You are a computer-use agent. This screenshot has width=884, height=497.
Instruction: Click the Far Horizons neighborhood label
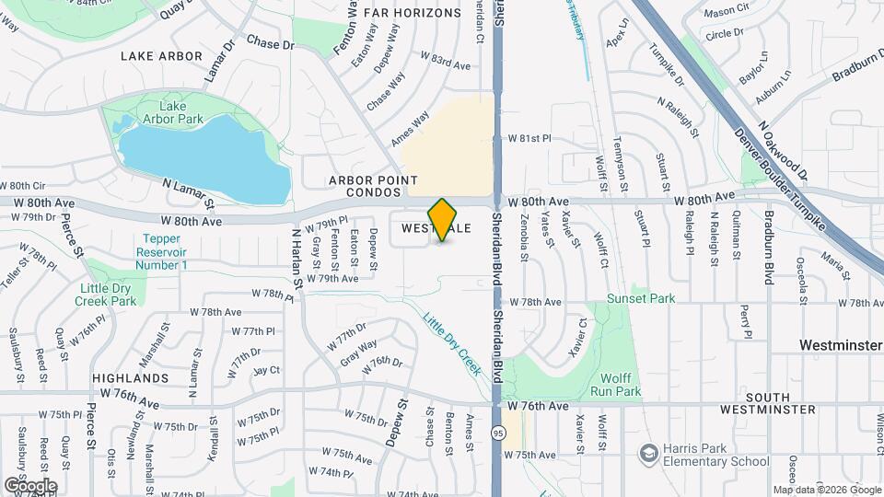tap(412, 13)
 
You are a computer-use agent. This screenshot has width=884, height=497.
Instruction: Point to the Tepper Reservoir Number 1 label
tap(161, 251)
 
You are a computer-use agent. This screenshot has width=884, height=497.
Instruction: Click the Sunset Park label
tap(640, 298)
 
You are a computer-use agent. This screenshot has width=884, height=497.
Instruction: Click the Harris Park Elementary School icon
tap(648, 453)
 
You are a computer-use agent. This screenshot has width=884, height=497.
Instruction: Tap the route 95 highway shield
tap(498, 433)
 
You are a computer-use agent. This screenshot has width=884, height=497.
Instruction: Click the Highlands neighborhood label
tap(130, 378)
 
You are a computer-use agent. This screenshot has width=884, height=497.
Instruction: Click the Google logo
tap(29, 485)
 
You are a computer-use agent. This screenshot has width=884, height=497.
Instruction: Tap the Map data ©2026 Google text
tap(826, 490)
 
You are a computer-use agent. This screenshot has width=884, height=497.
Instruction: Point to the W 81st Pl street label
tap(529, 138)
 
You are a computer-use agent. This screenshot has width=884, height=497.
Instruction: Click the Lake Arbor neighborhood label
tap(161, 56)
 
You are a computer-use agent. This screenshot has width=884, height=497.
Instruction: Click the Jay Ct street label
tap(266, 370)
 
